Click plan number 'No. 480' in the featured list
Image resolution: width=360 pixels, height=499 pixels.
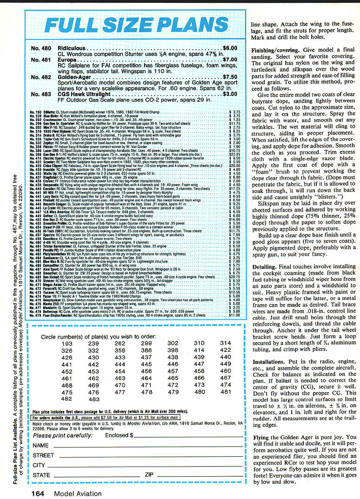pyautogui.click(x=41, y=48)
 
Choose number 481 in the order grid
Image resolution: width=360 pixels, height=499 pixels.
pyautogui.click(x=226, y=392)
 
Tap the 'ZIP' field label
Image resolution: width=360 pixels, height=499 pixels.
pyautogui.click(x=149, y=475)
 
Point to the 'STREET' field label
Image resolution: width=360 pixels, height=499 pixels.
pyautogui.click(x=43, y=455)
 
